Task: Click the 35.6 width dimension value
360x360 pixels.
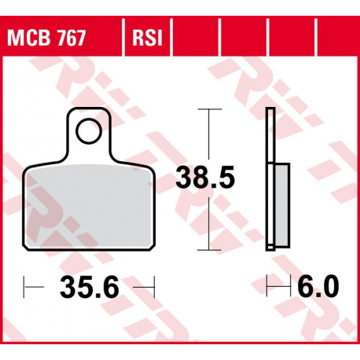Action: point(90,288)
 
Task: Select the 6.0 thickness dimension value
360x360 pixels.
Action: point(318,287)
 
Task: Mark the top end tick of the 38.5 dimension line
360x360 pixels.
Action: point(208,110)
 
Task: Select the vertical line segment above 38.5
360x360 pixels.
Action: point(208,134)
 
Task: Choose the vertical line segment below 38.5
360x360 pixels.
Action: point(208,224)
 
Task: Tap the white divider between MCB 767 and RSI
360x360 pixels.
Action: point(121,38)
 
